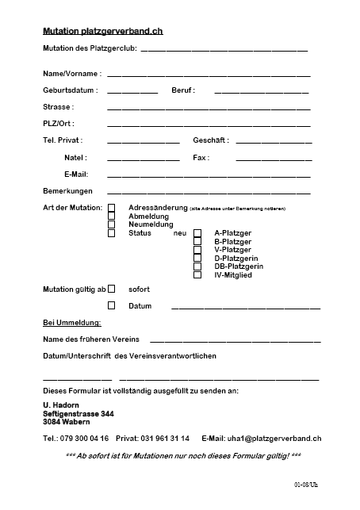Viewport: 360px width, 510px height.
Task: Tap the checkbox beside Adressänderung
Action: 112,209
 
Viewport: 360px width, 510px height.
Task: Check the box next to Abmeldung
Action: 112,217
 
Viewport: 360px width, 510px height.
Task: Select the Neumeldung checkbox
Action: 112,225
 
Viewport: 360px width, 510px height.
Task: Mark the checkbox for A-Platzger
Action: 197,234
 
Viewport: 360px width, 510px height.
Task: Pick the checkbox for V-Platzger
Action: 197,250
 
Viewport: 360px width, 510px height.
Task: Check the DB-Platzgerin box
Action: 197,267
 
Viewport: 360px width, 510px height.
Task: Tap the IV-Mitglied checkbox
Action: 197,275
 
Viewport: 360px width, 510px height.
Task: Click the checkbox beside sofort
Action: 112,289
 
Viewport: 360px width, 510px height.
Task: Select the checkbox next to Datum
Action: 112,305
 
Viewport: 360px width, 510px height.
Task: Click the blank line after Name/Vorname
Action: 208,75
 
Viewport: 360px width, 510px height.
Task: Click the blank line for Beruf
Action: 261,92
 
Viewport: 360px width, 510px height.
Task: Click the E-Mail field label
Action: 76,174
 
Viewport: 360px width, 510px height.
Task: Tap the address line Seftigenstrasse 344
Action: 79,414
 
